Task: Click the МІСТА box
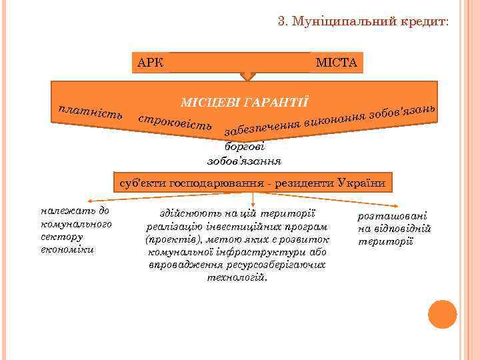[x=337, y=63]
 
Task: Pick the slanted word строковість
[x=175, y=121]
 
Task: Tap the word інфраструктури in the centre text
[x=252, y=253]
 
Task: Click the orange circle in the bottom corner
[x=442, y=315]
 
